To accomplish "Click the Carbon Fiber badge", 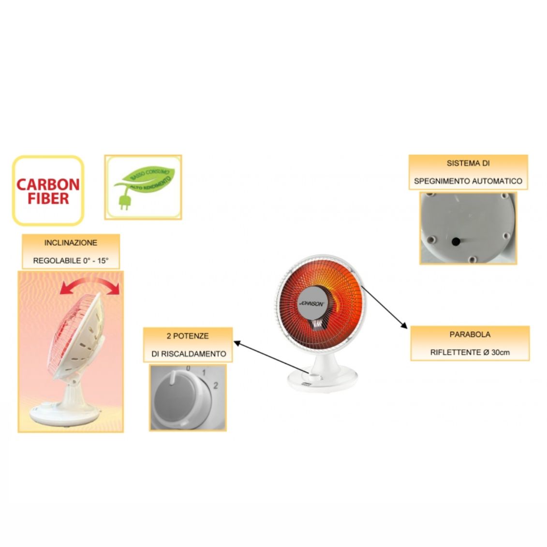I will (48, 191).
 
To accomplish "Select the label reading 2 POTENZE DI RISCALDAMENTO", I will (188, 344).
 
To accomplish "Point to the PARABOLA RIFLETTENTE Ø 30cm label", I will (470, 343).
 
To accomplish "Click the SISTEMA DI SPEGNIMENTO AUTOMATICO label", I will (468, 172).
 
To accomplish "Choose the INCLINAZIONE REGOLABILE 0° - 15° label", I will (71, 251).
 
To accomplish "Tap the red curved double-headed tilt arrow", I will (89, 286).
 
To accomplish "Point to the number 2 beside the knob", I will (216, 385).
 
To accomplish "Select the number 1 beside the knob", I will (204, 373).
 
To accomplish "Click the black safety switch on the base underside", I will (455, 241).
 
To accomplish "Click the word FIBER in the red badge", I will (48, 198).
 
